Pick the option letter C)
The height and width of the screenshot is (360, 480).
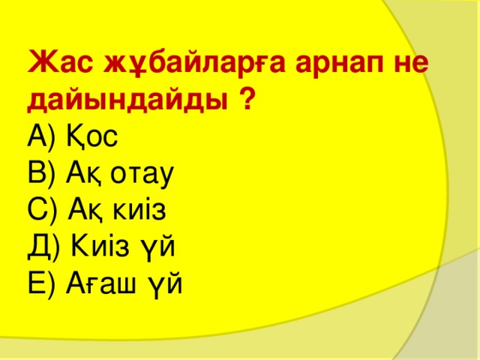(x=42, y=210)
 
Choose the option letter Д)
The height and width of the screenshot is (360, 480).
(x=43, y=247)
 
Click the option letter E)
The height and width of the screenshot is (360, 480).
(x=41, y=283)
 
